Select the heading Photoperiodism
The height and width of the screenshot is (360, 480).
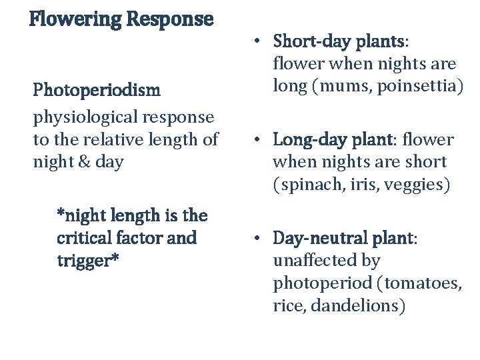point(97,89)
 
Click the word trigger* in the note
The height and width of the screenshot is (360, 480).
point(88,260)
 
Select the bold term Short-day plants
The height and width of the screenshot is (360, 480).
point(338,41)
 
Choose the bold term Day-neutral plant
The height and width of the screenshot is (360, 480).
point(343,238)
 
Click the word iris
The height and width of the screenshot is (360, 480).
point(358,185)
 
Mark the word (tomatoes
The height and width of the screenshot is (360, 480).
point(419,283)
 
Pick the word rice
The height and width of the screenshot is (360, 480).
point(287,306)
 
